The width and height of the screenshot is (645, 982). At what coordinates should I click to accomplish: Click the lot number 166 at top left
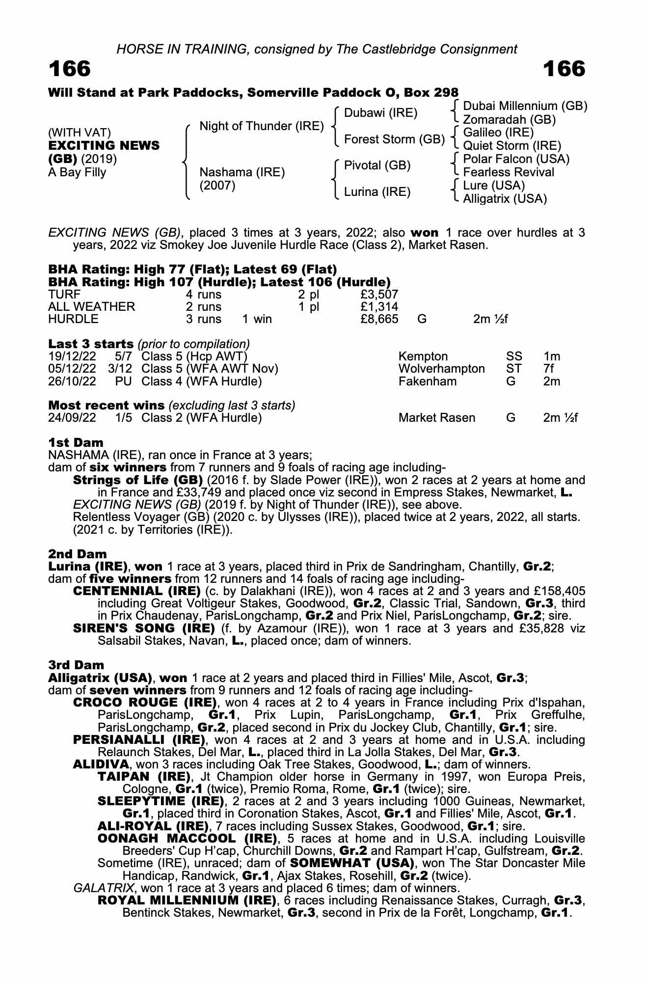point(70,69)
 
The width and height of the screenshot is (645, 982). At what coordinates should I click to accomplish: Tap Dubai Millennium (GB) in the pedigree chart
point(525,107)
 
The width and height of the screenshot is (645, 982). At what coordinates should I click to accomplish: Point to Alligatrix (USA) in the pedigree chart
point(505,199)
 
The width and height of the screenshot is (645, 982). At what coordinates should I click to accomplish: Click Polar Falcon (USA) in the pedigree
point(516,159)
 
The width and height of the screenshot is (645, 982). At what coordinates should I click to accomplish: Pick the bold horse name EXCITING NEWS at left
point(104,146)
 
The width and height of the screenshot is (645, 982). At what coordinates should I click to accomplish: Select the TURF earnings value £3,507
point(378,295)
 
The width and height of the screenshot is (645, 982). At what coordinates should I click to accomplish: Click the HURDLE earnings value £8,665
point(378,319)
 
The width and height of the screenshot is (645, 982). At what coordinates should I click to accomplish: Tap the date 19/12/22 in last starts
point(72,356)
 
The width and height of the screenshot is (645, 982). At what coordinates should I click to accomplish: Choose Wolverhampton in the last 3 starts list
point(441,369)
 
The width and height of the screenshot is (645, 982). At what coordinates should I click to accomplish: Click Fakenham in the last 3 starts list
point(427,381)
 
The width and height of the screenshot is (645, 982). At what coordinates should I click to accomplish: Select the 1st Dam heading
point(76,443)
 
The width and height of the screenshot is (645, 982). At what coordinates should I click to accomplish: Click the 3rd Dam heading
point(76,665)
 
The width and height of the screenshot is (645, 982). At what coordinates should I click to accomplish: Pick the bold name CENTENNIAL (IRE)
point(136,591)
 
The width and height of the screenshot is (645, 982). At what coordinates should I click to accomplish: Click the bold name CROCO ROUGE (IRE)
point(145,703)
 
